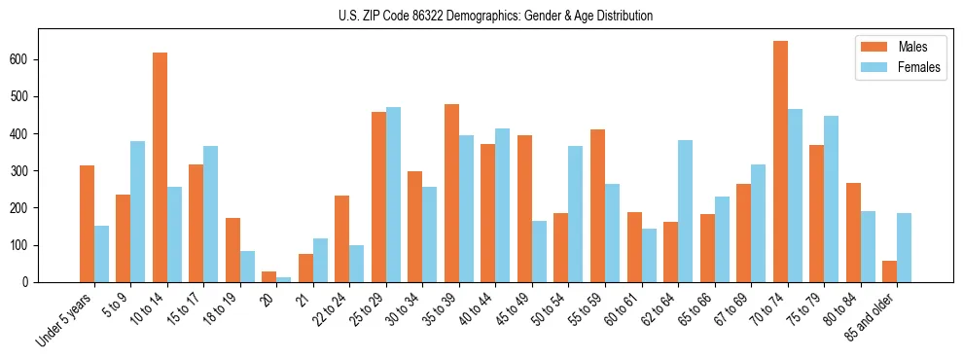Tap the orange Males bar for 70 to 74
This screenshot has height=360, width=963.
780,162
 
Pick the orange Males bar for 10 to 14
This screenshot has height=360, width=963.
160,167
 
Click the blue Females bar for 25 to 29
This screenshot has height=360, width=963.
393,195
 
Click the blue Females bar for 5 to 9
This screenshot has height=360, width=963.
138,211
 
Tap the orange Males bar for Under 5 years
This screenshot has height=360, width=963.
87,224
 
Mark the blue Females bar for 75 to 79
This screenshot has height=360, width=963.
832,198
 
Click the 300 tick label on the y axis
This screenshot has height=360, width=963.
28,170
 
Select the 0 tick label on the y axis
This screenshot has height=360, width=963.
33,282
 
